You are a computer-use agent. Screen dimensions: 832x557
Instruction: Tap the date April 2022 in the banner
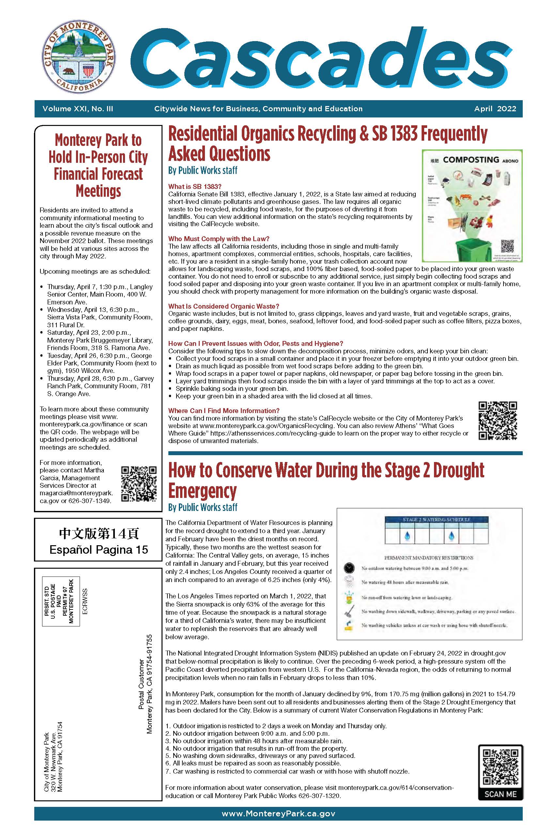(495, 109)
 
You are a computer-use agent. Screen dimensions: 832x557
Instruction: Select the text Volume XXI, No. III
(78, 109)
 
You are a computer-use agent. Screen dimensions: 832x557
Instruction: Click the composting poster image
(472, 206)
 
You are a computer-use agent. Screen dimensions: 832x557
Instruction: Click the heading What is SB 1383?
(195, 187)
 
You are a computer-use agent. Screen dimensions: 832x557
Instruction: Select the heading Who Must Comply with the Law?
(219, 239)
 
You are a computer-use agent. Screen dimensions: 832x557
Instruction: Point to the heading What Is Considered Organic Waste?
(224, 306)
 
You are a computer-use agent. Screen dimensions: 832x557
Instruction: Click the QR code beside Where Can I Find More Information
(497, 421)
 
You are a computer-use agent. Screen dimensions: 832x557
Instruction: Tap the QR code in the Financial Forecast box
(139, 483)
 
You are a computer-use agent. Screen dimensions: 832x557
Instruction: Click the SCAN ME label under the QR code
(500, 794)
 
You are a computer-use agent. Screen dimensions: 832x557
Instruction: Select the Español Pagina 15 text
(99, 550)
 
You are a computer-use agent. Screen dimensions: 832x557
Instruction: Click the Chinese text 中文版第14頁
(99, 534)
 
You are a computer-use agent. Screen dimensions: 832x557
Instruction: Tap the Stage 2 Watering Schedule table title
(436, 519)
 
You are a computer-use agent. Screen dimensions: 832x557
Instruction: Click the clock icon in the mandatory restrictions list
(349, 568)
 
